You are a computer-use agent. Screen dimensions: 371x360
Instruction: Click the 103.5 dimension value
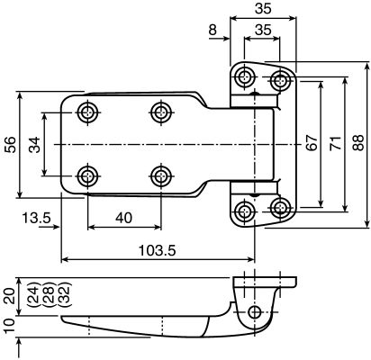157,250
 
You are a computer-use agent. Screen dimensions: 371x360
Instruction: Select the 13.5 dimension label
37,218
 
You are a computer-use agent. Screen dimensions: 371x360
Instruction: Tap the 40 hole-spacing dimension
123,218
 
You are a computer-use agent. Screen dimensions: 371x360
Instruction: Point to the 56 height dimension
10,145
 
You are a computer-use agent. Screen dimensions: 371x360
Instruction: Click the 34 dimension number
35,145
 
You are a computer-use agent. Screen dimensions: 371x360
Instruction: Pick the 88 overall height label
358,143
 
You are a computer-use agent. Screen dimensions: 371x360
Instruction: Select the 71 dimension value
335,143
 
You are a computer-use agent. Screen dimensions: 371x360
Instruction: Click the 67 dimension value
312,143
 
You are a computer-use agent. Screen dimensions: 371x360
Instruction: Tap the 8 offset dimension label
213,30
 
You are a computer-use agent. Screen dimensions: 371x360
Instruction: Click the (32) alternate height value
64,294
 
